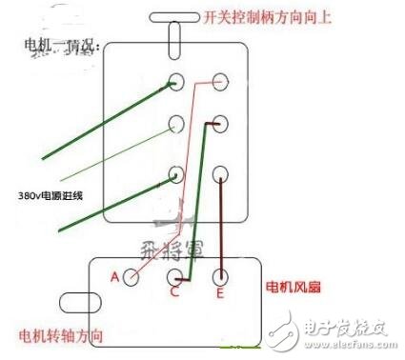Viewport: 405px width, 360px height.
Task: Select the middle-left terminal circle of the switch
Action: [176, 124]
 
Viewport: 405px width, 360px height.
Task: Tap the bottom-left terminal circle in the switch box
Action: [176, 174]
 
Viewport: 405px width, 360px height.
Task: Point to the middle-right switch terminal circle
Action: [221, 124]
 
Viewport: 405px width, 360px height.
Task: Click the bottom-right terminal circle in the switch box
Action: [221, 174]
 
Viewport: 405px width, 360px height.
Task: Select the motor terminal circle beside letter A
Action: [133, 276]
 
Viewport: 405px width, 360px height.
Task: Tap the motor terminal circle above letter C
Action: [175, 277]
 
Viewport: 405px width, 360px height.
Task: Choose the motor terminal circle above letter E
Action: [221, 277]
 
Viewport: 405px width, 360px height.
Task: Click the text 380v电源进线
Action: [50, 196]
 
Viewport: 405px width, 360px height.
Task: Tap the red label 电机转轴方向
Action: [62, 337]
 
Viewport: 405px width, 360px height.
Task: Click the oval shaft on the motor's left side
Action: [73, 304]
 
